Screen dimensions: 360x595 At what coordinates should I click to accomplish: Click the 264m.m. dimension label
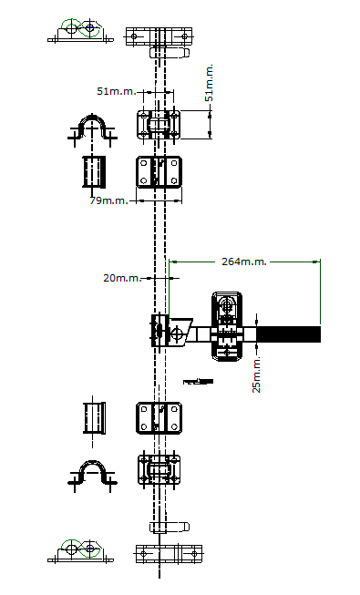click(244, 262)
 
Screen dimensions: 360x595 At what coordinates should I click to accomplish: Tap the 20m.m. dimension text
click(122, 278)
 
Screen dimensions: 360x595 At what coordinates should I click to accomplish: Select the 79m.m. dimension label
click(109, 200)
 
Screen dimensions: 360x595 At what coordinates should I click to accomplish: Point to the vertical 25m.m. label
click(257, 374)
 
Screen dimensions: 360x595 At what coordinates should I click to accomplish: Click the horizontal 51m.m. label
click(117, 91)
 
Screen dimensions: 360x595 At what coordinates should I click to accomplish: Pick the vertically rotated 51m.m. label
click(209, 83)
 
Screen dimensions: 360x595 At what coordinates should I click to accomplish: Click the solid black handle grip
click(289, 334)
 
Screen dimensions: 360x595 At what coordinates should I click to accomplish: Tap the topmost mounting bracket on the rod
click(159, 36)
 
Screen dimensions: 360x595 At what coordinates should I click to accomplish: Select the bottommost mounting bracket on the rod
click(169, 554)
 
